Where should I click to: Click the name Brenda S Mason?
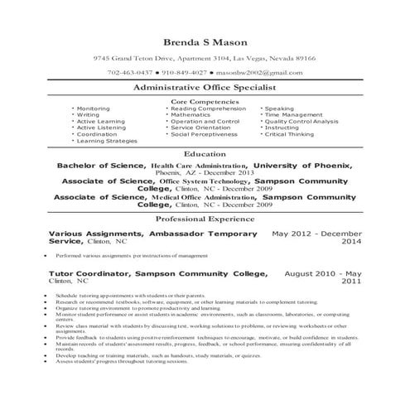[205, 40]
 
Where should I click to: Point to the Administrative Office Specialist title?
[205, 87]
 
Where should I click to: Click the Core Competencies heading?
[205, 101]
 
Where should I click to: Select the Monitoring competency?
[93, 109]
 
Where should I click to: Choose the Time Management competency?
[294, 115]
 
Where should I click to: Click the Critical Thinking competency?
[294, 134]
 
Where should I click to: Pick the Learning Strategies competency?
[107, 141]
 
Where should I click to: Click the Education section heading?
[205, 154]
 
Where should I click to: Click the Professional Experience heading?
[205, 220]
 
